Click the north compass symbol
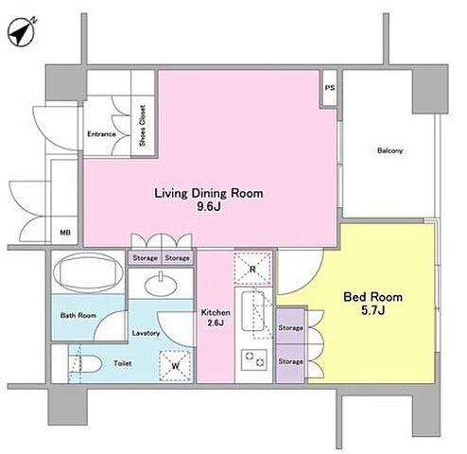click(22, 32)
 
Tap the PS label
click(330, 88)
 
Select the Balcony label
click(390, 150)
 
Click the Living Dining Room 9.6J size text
click(209, 207)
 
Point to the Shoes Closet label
click(143, 126)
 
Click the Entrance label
click(101, 134)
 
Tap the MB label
click(65, 233)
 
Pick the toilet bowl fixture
click(85, 364)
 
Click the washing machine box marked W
click(176, 366)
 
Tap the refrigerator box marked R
click(252, 269)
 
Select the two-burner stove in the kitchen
click(254, 359)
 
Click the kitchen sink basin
click(253, 311)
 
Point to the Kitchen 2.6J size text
click(216, 323)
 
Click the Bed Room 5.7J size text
click(372, 310)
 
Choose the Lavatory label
click(146, 333)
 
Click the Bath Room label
click(78, 315)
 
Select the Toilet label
click(123, 363)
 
